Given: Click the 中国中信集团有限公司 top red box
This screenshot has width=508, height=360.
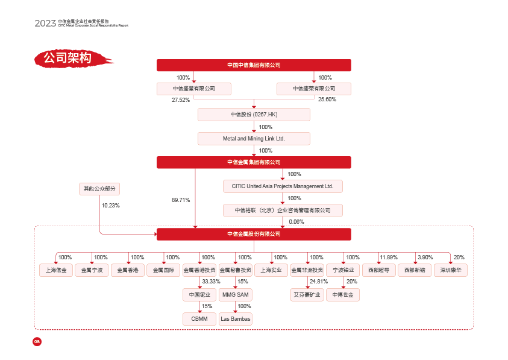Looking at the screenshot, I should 254,65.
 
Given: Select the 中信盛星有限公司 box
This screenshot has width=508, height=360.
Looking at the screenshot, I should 194,89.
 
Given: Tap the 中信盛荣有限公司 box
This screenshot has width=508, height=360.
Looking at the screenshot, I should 314,89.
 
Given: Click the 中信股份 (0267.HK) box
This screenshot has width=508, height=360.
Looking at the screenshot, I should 254,115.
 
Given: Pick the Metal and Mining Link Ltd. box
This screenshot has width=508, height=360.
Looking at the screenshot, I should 254,139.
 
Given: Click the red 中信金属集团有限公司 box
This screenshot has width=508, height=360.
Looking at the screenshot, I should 254,162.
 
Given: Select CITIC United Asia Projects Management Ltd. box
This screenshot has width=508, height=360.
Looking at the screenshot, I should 283,186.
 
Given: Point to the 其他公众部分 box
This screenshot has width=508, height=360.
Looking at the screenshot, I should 99,189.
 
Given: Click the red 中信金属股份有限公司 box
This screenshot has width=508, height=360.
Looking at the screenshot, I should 254,234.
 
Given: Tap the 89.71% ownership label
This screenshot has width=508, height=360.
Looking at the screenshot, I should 181,200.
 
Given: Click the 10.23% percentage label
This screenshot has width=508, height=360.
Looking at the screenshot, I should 111,206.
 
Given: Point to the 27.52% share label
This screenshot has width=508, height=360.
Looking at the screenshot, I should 181,99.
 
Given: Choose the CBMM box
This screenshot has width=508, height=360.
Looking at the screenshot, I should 199,319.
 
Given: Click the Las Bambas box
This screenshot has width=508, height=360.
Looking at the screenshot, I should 235,319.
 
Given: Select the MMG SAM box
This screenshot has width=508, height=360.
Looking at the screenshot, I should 235,295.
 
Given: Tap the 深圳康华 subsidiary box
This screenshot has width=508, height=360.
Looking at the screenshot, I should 451,270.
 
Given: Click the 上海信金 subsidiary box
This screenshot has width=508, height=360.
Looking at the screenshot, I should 56,270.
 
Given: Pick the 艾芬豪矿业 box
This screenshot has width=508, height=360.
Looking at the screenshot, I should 307,295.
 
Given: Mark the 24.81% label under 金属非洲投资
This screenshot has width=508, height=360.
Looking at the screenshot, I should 319,282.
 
